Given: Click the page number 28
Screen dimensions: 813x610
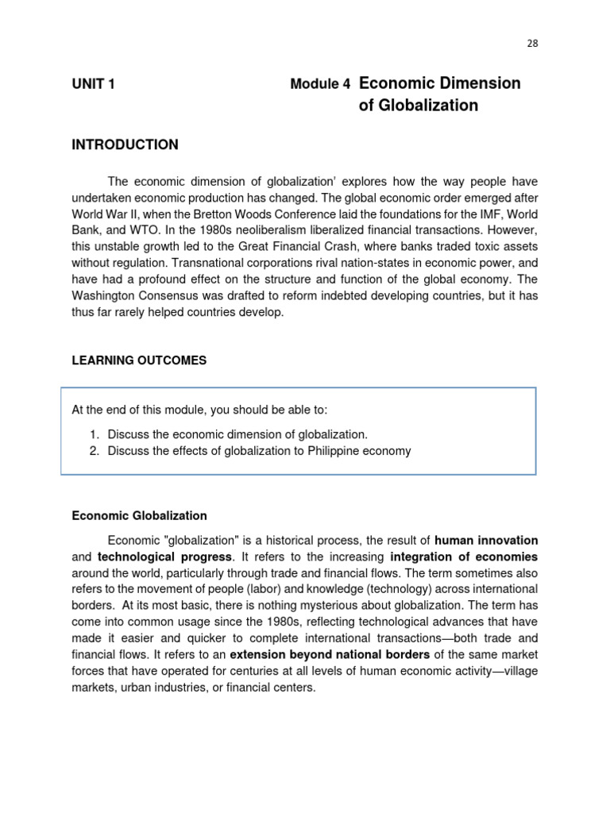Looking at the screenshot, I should pos(532,44).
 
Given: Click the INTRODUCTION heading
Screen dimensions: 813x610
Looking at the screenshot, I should pos(125,144).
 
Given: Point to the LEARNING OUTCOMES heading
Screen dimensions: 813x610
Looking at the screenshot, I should pos(139,360).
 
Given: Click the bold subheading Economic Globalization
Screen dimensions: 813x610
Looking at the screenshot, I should pos(139,515).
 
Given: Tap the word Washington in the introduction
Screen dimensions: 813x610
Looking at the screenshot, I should pos(109,296).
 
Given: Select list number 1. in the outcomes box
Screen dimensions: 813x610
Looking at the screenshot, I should pos(93,434).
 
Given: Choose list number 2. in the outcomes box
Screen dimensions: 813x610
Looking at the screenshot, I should pos(93,451).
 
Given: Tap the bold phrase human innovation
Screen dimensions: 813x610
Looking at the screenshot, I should pos(486,540).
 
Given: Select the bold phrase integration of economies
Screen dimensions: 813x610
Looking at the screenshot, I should pos(464,557).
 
